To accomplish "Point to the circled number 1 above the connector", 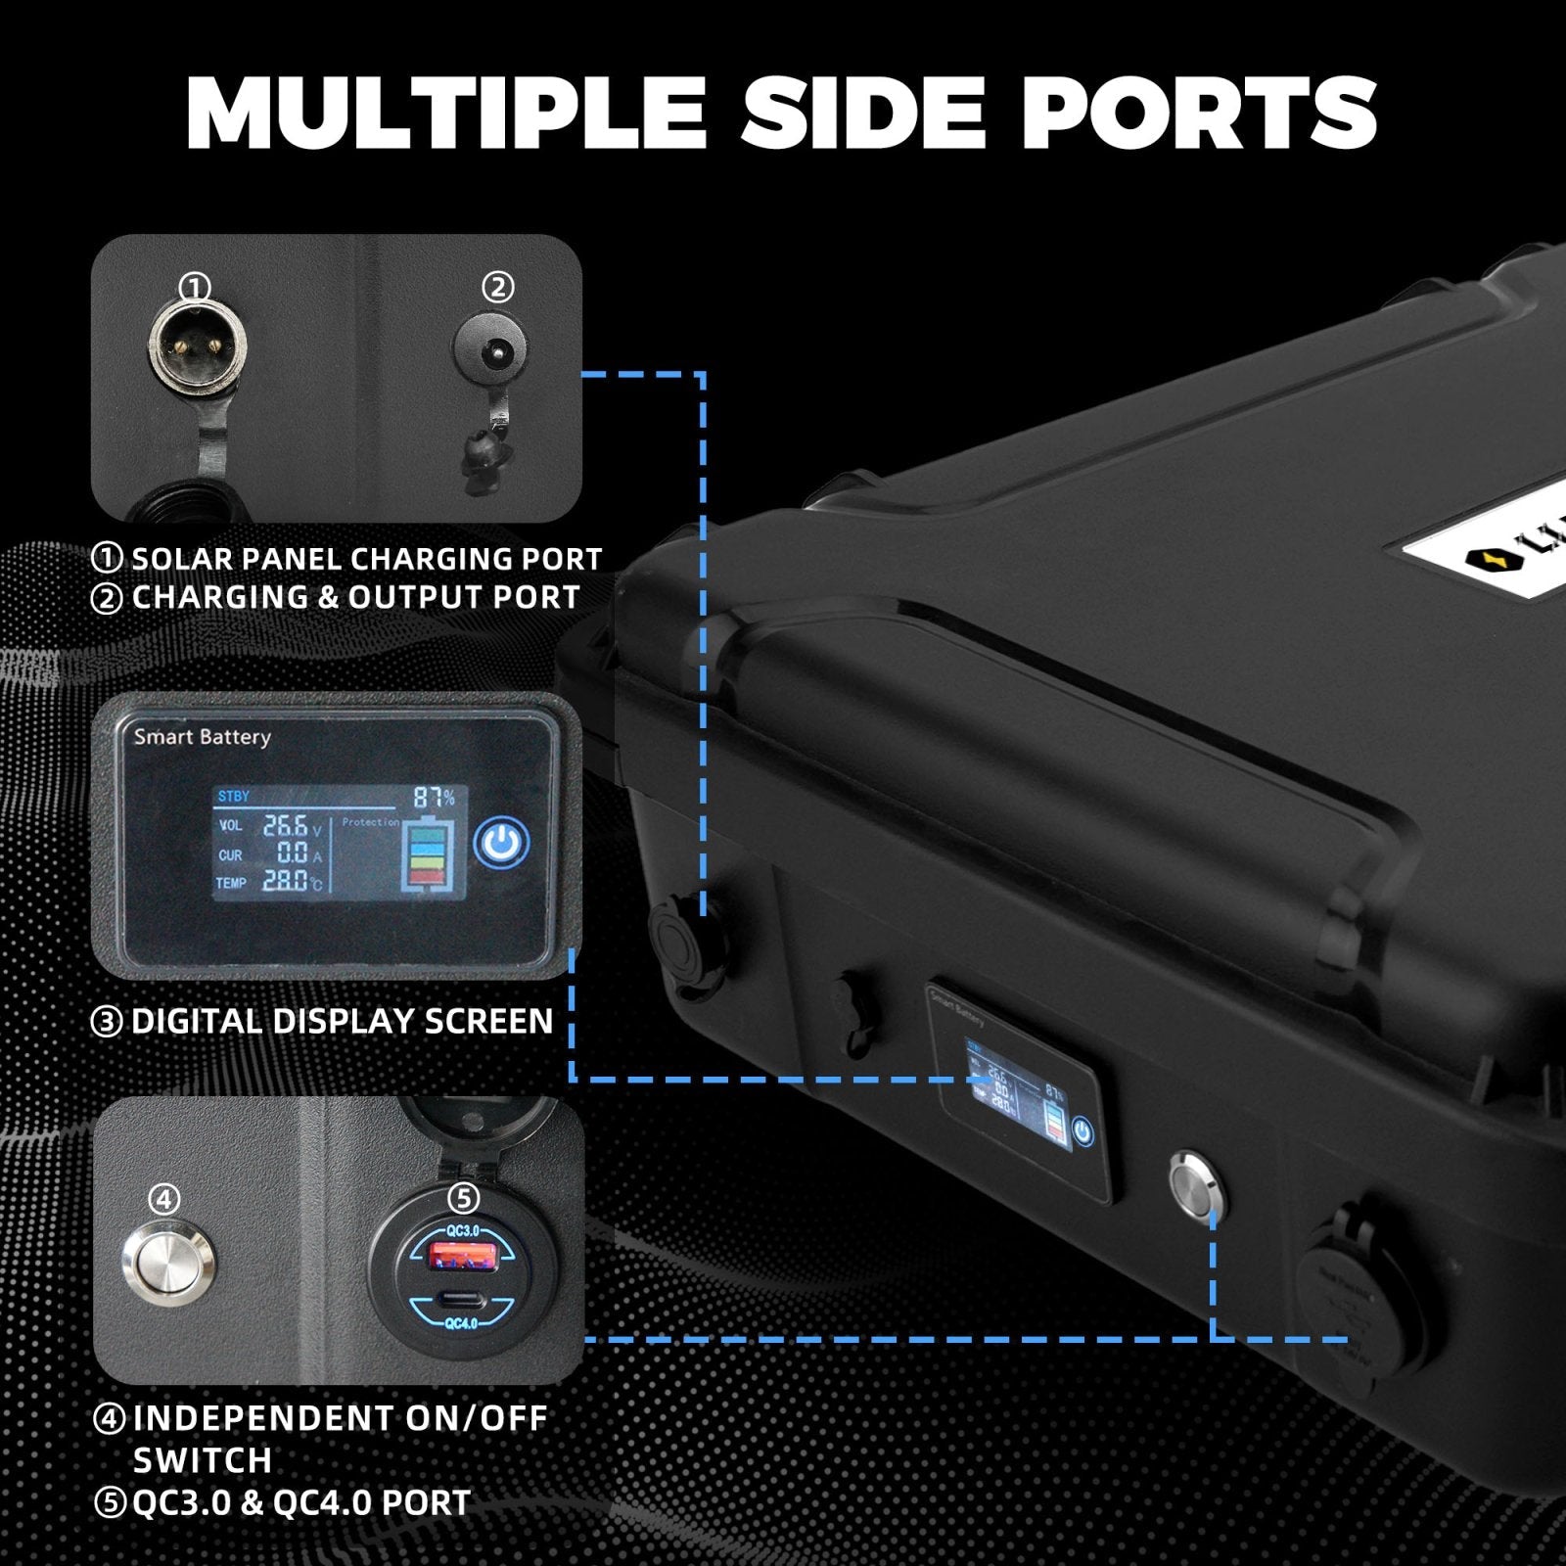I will tap(196, 288).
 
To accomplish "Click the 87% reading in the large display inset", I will tap(434, 797).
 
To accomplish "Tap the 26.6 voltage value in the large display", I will tap(285, 826).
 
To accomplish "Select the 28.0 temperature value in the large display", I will tap(285, 881).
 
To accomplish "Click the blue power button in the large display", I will tap(501, 842).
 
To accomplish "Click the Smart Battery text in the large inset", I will tap(202, 736).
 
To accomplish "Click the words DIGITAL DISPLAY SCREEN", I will tap(342, 1022).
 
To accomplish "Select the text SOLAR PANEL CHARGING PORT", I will tap(366, 559).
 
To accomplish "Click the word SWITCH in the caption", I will tap(202, 1460).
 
